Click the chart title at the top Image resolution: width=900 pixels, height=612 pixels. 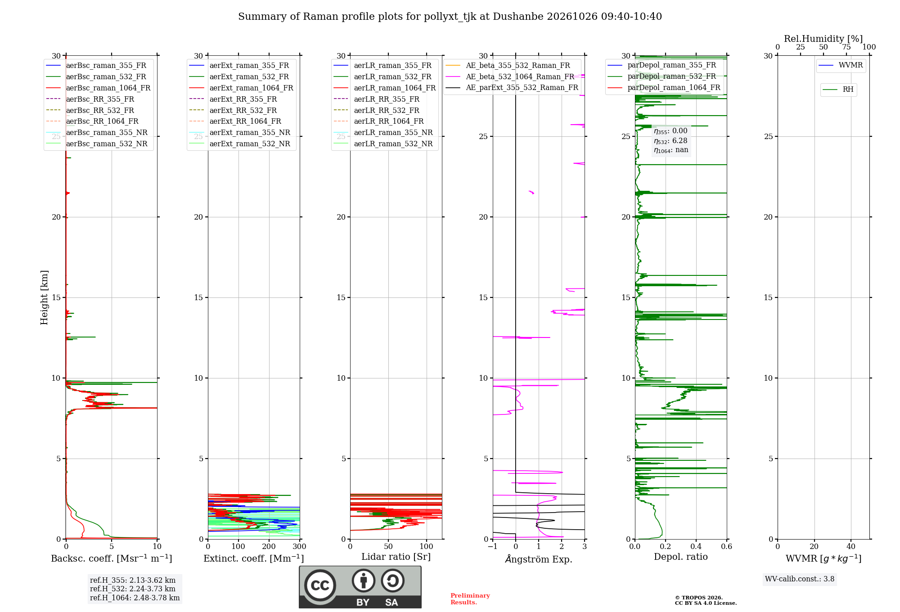click(x=450, y=17)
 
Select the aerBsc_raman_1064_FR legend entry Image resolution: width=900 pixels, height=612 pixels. click(x=98, y=88)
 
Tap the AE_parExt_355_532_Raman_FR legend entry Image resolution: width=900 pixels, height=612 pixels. click(x=512, y=87)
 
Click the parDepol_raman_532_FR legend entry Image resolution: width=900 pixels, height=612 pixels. click(x=661, y=76)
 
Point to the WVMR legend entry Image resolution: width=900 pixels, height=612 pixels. click(x=841, y=65)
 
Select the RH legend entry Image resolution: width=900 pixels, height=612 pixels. click(x=838, y=90)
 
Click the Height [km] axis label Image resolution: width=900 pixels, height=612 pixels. click(x=44, y=297)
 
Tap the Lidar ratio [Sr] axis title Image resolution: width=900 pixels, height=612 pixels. click(x=396, y=557)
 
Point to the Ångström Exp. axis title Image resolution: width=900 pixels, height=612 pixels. click(x=539, y=559)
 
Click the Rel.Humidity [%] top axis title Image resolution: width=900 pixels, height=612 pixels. click(x=823, y=39)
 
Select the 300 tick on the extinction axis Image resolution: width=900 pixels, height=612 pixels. click(x=300, y=546)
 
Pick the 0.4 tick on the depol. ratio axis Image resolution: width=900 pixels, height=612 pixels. click(x=696, y=546)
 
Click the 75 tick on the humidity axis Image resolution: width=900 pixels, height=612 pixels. click(x=846, y=47)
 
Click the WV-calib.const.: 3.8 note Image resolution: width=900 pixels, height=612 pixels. click(x=800, y=579)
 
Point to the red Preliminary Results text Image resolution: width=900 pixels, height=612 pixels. click(x=470, y=598)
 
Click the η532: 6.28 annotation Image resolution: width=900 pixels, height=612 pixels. click(x=670, y=141)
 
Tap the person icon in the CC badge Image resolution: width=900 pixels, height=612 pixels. click(x=364, y=580)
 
